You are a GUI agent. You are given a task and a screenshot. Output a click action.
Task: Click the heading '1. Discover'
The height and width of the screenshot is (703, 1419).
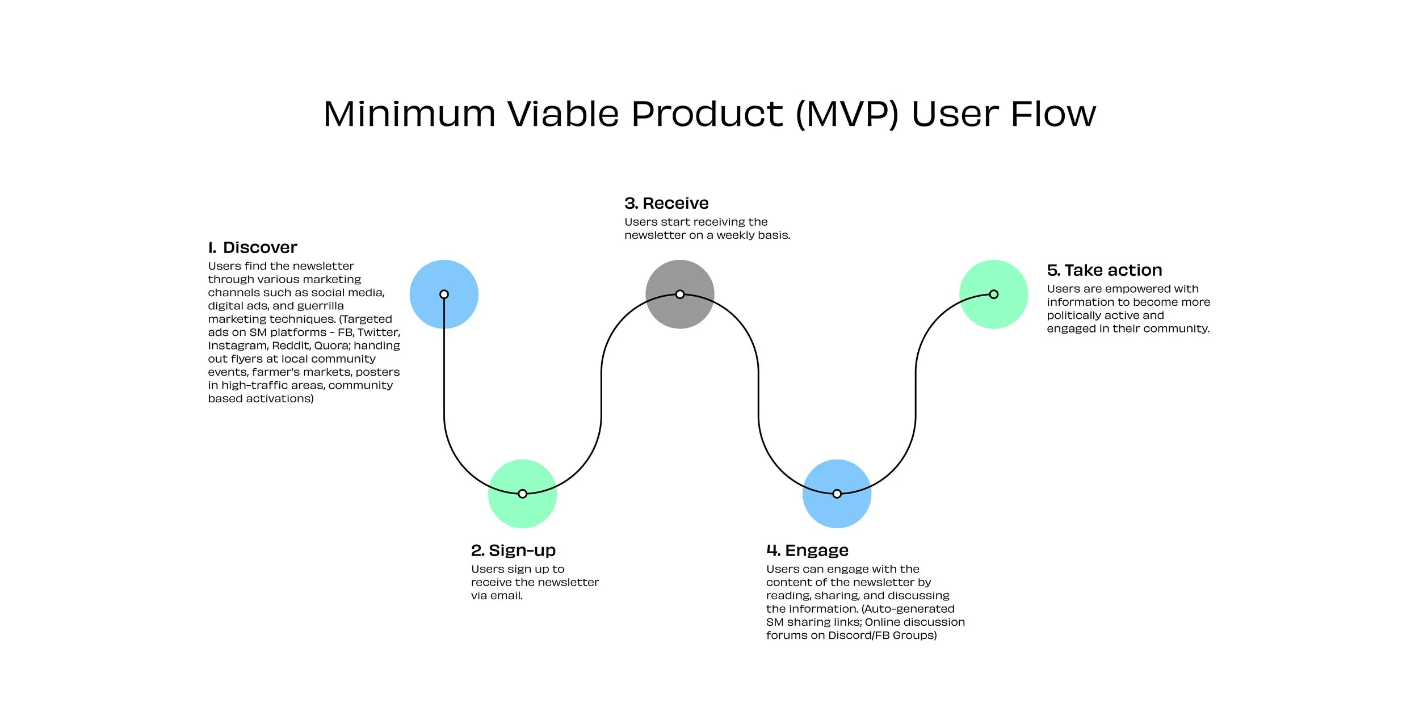pyautogui.click(x=253, y=247)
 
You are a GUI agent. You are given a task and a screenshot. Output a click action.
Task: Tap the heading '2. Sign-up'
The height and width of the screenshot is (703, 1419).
pyautogui.click(x=513, y=550)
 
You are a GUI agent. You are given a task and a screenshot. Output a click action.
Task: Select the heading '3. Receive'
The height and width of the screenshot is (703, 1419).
pyautogui.click(x=666, y=203)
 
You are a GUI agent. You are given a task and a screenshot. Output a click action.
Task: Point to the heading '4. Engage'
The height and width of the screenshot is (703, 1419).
pyautogui.click(x=807, y=550)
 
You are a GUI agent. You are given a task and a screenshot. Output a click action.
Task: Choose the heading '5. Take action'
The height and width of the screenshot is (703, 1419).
pyautogui.click(x=1104, y=270)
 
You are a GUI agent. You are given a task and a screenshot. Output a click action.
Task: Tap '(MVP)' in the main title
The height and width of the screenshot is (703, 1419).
pyautogui.click(x=847, y=115)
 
